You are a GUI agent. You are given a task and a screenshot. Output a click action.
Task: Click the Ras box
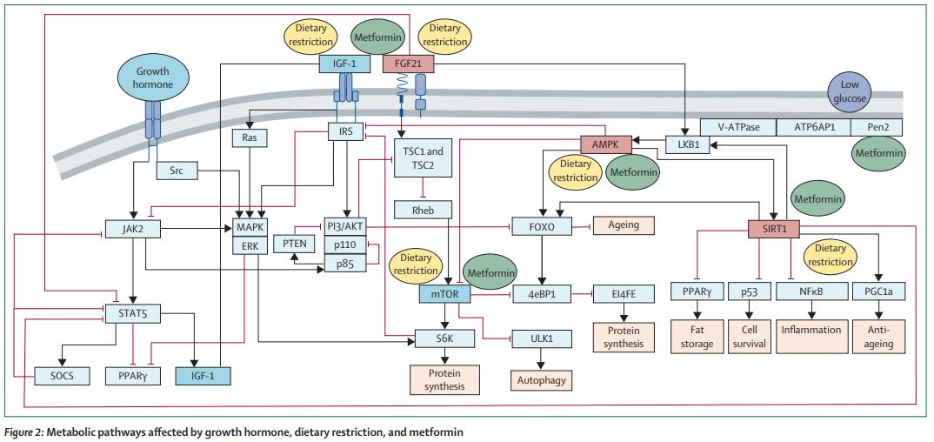coord(250,137)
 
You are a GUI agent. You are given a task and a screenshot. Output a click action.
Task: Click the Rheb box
coord(422,209)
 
